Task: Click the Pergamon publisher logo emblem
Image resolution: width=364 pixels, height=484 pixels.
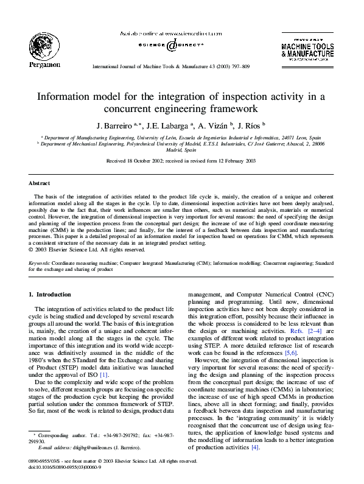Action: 43,46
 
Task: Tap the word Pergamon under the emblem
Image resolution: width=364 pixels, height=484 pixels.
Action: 44,63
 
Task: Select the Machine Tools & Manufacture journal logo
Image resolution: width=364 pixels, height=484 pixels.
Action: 307,49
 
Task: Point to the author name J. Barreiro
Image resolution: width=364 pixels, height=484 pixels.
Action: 112,125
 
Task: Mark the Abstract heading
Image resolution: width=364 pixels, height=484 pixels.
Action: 40,183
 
